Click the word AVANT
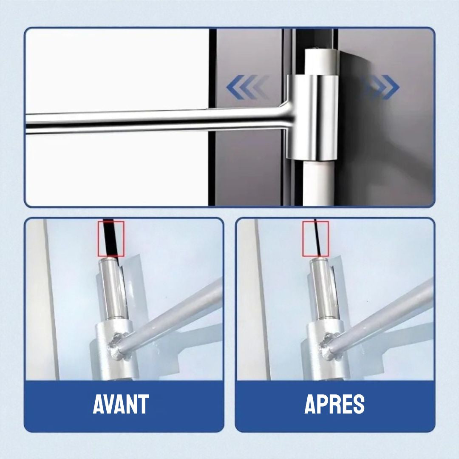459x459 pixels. tap(121, 404)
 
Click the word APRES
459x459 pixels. tap(334, 404)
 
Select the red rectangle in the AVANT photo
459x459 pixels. tap(111, 238)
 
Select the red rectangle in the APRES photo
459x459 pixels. tap(315, 238)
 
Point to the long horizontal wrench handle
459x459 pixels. tap(149, 122)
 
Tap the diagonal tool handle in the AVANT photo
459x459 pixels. tap(178, 314)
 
